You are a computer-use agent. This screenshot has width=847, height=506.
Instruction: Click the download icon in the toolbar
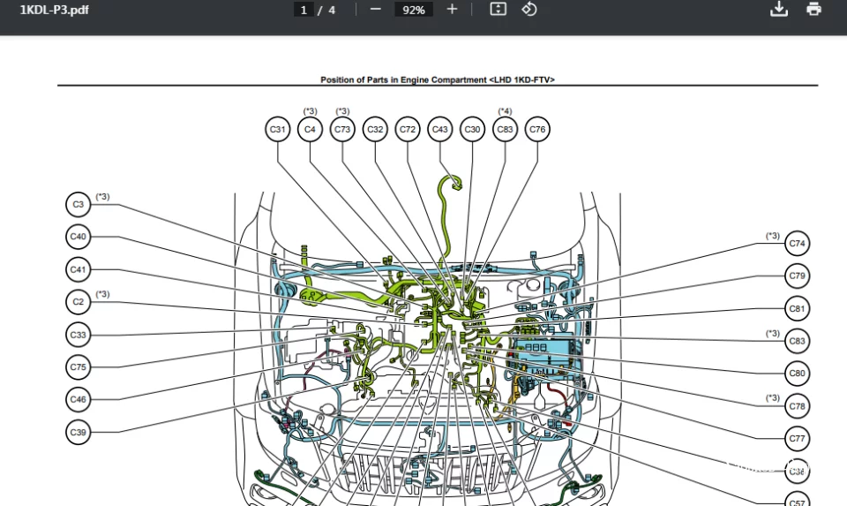[778, 10]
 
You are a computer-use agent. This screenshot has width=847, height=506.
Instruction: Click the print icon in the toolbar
[813, 10]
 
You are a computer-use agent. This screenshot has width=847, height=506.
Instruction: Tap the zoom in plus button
[453, 10]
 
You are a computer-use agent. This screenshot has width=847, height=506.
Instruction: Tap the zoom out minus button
[376, 10]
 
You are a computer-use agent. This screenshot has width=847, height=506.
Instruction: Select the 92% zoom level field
[413, 10]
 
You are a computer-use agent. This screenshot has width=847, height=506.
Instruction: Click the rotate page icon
[529, 10]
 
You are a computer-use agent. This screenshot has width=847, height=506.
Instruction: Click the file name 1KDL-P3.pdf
[54, 10]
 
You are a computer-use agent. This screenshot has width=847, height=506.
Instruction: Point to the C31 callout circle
[278, 130]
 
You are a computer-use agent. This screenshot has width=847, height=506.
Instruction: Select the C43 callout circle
[439, 130]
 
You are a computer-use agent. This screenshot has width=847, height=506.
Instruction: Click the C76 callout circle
[537, 130]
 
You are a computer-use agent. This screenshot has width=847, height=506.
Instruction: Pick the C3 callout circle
[79, 205]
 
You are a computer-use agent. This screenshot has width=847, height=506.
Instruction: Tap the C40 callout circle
[79, 237]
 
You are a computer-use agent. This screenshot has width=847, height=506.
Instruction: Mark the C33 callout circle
[79, 335]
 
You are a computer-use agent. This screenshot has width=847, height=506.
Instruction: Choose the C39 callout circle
[79, 433]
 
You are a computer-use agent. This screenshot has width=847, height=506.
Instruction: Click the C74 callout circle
[798, 244]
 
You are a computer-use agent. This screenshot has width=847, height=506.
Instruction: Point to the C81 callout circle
[798, 309]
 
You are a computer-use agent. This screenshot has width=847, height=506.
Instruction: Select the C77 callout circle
[798, 438]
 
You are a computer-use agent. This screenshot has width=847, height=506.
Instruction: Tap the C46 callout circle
[79, 400]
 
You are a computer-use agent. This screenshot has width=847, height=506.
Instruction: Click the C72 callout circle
[408, 130]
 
